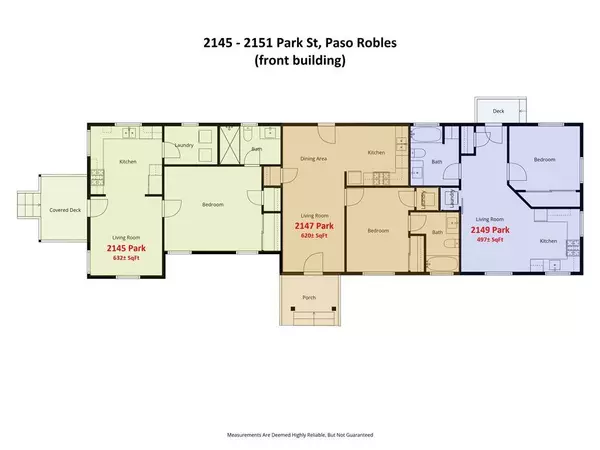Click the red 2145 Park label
[x=127, y=245]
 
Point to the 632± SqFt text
[x=129, y=255]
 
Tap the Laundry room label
[x=183, y=146]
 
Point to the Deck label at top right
[x=497, y=112]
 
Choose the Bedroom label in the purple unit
[x=544, y=160]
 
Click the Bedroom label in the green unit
[x=212, y=205]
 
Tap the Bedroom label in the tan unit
[x=377, y=231]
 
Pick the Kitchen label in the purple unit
[x=549, y=241]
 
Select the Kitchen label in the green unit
[x=128, y=162]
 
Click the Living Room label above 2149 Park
[x=489, y=218]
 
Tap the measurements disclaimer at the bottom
[x=300, y=435]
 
